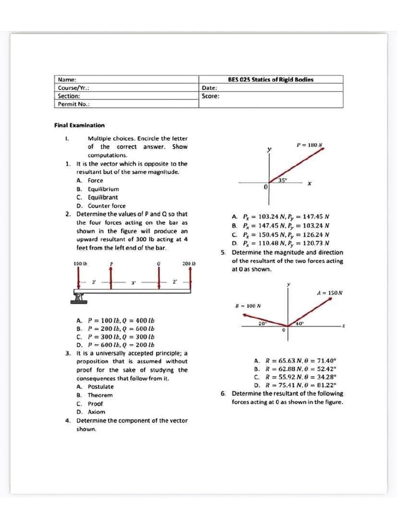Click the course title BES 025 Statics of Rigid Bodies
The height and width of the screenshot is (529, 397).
[x=270, y=80]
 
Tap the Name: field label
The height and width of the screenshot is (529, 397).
[x=67, y=80]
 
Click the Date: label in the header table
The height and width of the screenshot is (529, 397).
[x=209, y=88]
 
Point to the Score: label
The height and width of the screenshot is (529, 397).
[x=211, y=96]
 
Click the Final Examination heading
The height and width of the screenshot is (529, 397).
[x=79, y=125]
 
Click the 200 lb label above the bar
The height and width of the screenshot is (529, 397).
[x=187, y=264]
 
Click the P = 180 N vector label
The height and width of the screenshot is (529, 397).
[x=309, y=145]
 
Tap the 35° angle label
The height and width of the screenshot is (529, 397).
[x=283, y=180]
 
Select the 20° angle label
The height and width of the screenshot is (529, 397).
[x=262, y=323]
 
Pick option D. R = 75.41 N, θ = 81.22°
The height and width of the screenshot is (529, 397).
[x=295, y=385]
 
